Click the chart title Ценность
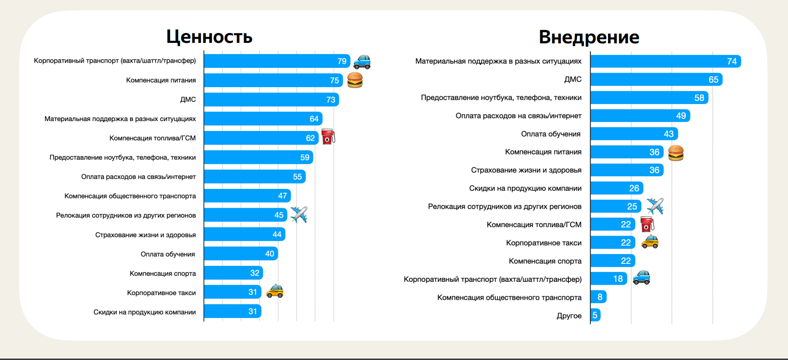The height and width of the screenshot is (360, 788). click(209, 37)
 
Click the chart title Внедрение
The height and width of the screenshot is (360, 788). click(589, 37)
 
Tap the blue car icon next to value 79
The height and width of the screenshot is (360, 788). click(362, 62)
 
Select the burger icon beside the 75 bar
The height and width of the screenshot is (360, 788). click(355, 80)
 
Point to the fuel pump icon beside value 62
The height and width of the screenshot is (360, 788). click(328, 137)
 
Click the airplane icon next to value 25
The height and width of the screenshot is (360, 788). click(655, 206)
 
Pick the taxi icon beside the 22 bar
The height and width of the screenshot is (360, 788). click(650, 242)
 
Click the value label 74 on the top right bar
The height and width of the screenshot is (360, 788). click(731, 61)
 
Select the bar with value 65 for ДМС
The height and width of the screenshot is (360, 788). click(656, 80)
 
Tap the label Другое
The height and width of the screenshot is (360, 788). click(569, 316)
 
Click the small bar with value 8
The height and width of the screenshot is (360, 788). click(598, 297)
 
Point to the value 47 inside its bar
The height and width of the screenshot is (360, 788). click(282, 196)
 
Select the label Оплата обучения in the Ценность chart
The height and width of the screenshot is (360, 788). click(168, 254)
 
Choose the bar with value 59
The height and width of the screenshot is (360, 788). click(258, 157)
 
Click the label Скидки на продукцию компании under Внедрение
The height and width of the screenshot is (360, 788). click(525, 188)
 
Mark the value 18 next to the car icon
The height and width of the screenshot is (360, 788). click(618, 279)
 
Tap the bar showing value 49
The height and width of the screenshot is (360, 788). click(640, 116)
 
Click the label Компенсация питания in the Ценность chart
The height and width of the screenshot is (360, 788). click(161, 80)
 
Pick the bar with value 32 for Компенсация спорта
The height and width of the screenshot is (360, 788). click(233, 273)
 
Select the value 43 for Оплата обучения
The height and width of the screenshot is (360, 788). click(668, 134)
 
